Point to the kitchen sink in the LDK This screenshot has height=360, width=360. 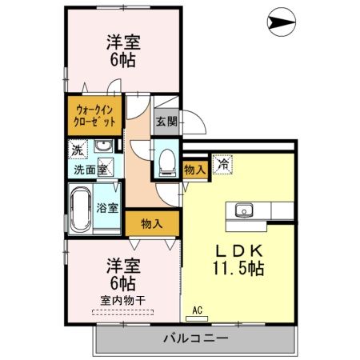[x=243, y=211]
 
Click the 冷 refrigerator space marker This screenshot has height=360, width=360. [x=223, y=162]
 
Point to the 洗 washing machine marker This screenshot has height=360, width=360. [x=77, y=150]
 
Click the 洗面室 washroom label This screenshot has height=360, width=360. [x=90, y=170]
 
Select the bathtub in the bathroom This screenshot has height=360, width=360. [x=82, y=209]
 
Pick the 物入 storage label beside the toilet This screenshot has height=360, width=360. [x=194, y=169]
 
